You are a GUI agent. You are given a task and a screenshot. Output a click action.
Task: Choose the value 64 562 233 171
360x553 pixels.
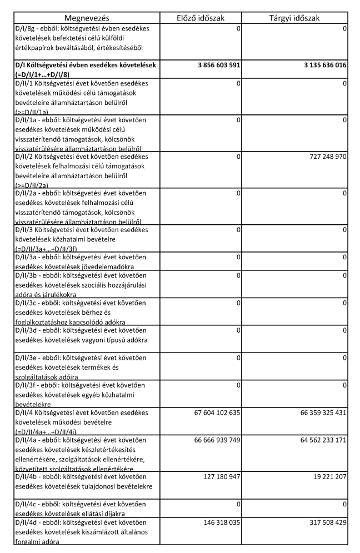[x=315, y=440]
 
